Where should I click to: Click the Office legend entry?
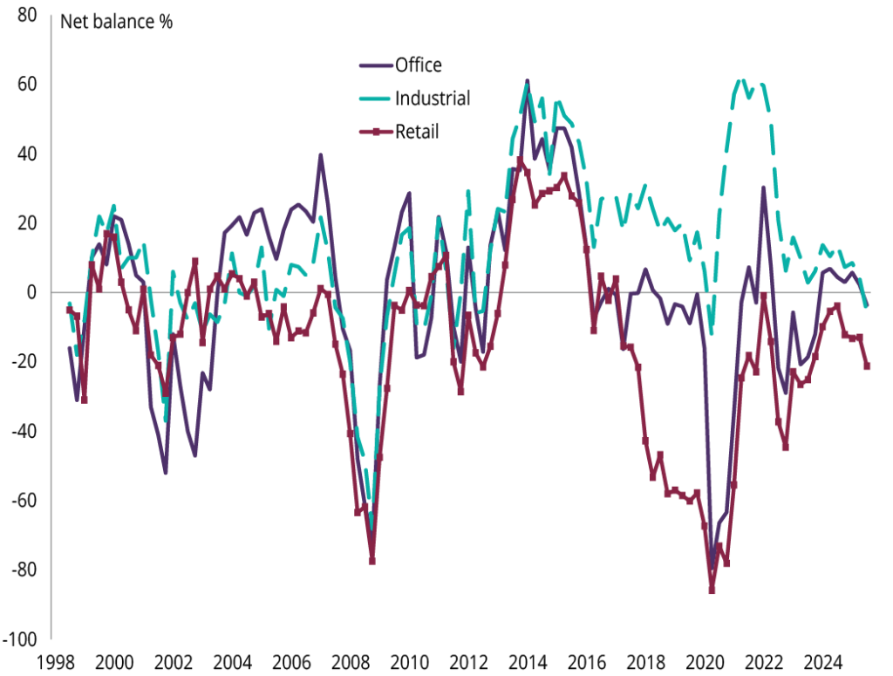[x=418, y=65]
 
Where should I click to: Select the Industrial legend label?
[x=433, y=99]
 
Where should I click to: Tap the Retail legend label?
[x=417, y=133]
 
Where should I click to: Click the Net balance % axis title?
[x=116, y=22]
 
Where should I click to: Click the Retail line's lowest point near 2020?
[x=712, y=591]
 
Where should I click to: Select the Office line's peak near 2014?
[x=528, y=81]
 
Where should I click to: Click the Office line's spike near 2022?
[x=764, y=188]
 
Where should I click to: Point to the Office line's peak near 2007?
[x=321, y=155]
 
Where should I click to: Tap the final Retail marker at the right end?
[x=867, y=366]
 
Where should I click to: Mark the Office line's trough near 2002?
[x=165, y=473]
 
